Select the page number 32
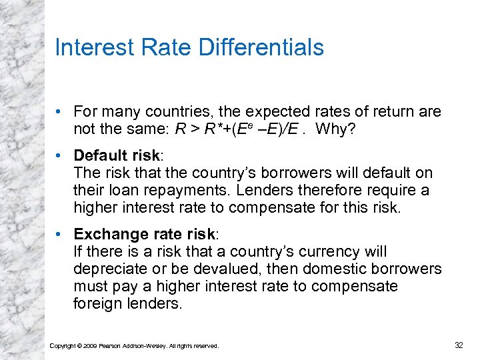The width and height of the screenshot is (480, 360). pyautogui.click(x=459, y=345)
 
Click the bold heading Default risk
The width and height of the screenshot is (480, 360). pyautogui.click(x=116, y=155)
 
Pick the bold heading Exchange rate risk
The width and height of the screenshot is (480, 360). pyautogui.click(x=145, y=235)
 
